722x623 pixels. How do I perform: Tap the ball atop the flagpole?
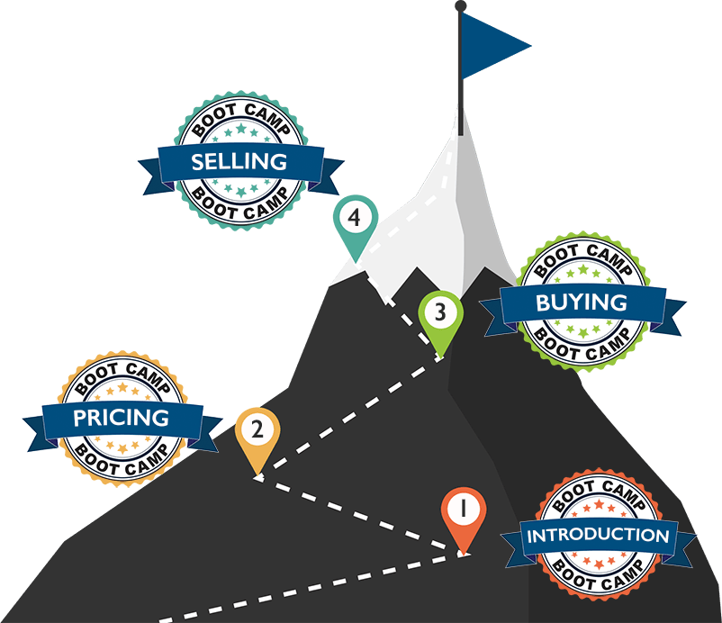461,5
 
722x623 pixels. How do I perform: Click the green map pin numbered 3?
439,315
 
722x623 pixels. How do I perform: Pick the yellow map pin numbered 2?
257,432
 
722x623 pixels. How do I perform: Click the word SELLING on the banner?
239,162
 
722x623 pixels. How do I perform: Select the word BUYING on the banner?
581,302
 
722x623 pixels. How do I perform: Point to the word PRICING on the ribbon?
122,418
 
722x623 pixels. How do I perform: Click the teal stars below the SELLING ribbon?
239,188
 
